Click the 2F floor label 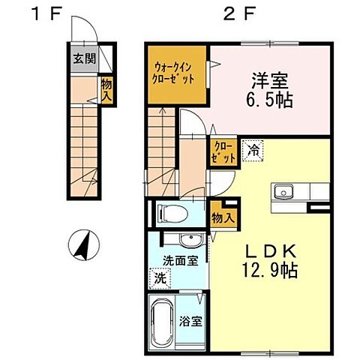tap(233, 13)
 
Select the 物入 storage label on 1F tap(106, 91)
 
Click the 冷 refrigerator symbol tap(254, 149)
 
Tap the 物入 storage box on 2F tap(220, 217)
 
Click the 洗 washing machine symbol tap(160, 277)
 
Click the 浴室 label tap(191, 321)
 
